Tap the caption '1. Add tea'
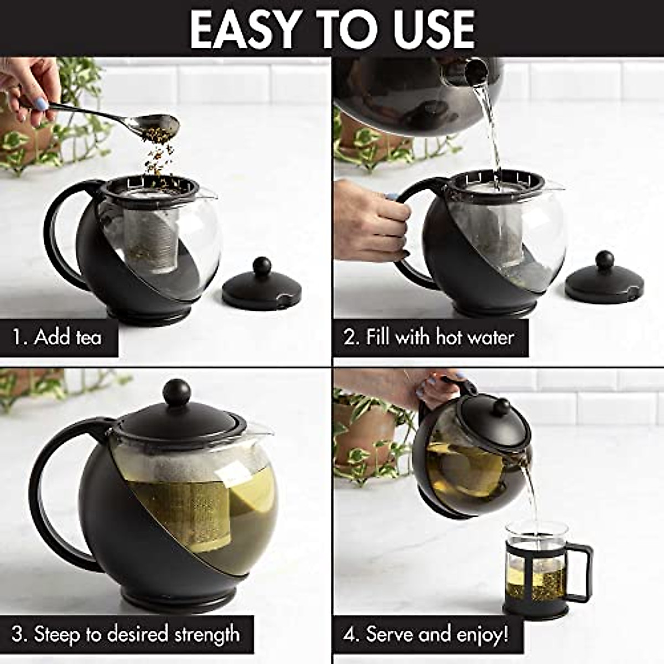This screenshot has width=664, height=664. (x=58, y=337)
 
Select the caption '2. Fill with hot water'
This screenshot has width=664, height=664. (x=429, y=337)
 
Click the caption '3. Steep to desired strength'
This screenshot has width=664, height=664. (x=126, y=634)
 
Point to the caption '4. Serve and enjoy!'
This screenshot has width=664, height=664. (x=426, y=634)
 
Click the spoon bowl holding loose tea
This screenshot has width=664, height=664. (x=160, y=123)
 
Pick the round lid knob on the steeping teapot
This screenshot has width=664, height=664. (x=177, y=391)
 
